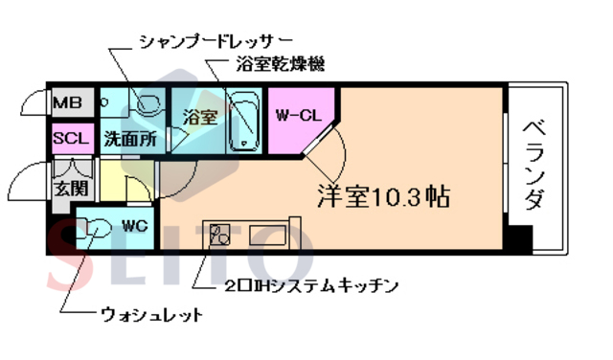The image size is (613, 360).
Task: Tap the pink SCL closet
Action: [71, 138]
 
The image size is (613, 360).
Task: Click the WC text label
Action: [132, 227]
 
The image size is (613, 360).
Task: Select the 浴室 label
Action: [200, 118]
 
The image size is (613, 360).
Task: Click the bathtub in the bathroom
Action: [245, 120]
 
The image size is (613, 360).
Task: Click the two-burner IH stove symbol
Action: [221, 234]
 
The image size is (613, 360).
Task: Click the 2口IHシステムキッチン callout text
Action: [310, 285]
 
